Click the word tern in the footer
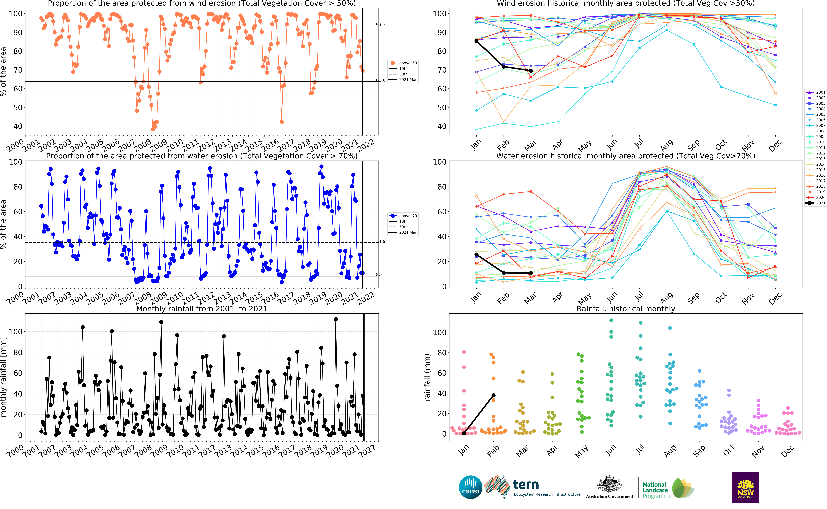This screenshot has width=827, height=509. pos(526,485)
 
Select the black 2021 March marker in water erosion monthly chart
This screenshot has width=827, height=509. pos(531,273)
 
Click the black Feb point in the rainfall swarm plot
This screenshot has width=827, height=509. pos(493,395)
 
